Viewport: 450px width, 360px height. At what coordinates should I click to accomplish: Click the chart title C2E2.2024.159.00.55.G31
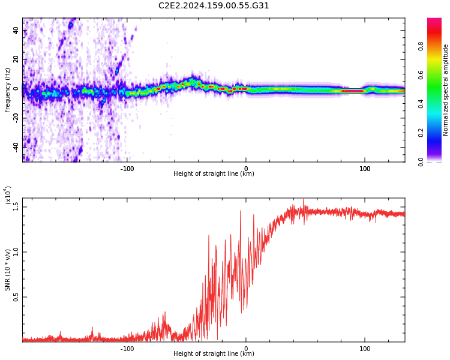coord(214,5)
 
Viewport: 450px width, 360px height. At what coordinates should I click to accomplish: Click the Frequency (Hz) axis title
coord(8,90)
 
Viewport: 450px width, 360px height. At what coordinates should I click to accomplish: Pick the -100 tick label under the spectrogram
coord(127,169)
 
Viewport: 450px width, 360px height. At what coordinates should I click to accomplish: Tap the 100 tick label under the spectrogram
coord(364,169)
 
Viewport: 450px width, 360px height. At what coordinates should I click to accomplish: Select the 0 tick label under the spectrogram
coord(245,169)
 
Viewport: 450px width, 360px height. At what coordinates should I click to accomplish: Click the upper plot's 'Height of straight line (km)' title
coord(214,174)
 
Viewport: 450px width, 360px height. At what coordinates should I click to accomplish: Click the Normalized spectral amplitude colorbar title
coord(446,90)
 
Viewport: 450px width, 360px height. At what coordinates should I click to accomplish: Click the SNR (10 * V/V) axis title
coord(8,271)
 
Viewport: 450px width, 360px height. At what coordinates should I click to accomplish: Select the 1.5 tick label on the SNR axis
coord(16,207)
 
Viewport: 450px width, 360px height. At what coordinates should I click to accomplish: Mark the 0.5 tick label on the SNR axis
coord(16,297)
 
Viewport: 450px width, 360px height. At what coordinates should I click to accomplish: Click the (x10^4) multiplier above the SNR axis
coord(8,196)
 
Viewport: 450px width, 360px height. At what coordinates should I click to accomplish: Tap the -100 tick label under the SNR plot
coord(127,349)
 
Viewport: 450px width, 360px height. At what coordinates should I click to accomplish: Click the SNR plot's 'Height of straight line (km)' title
coord(214,354)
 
